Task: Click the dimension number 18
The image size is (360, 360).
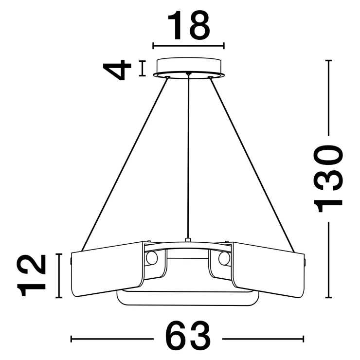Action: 189,25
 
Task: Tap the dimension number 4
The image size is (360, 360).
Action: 117,70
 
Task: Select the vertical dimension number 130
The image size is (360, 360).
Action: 328,179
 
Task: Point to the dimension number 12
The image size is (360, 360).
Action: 31,275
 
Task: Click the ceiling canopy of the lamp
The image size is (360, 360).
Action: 188,68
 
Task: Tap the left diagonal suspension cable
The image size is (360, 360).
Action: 125,164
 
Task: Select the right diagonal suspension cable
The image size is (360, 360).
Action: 252,164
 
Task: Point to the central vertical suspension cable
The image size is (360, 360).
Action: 188,157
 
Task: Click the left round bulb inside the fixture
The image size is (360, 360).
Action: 152,258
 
